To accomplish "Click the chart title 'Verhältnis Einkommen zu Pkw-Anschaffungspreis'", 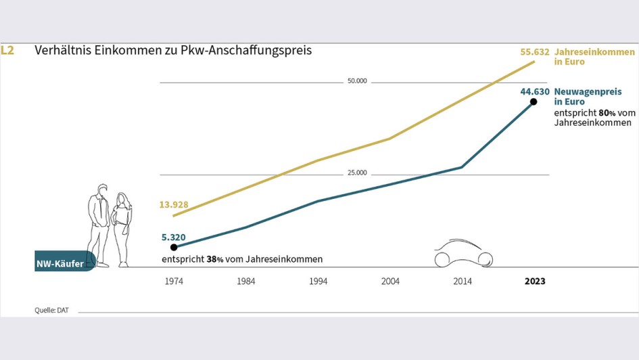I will coord(173,51).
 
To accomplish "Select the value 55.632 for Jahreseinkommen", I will coord(534,52).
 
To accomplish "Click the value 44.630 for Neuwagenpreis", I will coord(534,91).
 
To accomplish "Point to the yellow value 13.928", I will coord(174,204).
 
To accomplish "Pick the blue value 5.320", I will coord(174,237).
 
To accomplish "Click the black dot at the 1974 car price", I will coord(174,248).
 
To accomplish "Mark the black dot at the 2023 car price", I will coord(534,102).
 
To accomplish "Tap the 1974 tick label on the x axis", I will coord(174,281).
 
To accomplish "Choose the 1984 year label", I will coord(246,281).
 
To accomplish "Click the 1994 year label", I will coord(318,281).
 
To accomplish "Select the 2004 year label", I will coord(390,281).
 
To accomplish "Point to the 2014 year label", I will coord(462,281).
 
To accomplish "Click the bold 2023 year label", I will coord(534,281).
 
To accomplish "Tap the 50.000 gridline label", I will coord(356,81).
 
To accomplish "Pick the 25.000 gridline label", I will coord(356,173).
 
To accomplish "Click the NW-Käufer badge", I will coord(60,264).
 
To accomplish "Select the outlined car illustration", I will coord(463,253).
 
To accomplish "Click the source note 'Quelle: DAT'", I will coord(51,311).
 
